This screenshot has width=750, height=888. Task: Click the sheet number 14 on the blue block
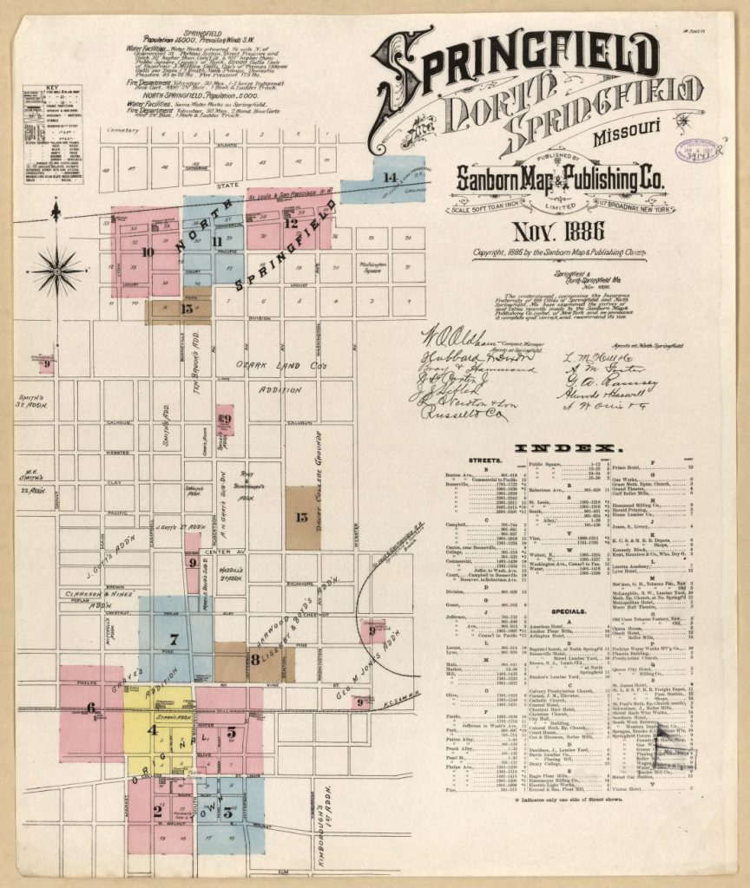pos(390,178)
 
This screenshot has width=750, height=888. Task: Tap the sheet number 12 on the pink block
pos(290,223)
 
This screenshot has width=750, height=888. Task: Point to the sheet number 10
pos(148,252)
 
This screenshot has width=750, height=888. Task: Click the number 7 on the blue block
pos(174,639)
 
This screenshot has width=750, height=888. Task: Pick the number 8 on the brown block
pos(256,658)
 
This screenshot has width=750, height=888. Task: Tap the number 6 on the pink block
pos(90,708)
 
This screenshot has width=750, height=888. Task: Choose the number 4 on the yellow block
pos(152,729)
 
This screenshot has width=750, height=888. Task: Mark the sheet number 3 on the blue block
pos(227,813)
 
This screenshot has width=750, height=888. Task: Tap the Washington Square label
pos(372,266)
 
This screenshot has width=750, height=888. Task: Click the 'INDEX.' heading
pos(569,447)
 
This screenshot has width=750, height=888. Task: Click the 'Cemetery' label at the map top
pos(122,130)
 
